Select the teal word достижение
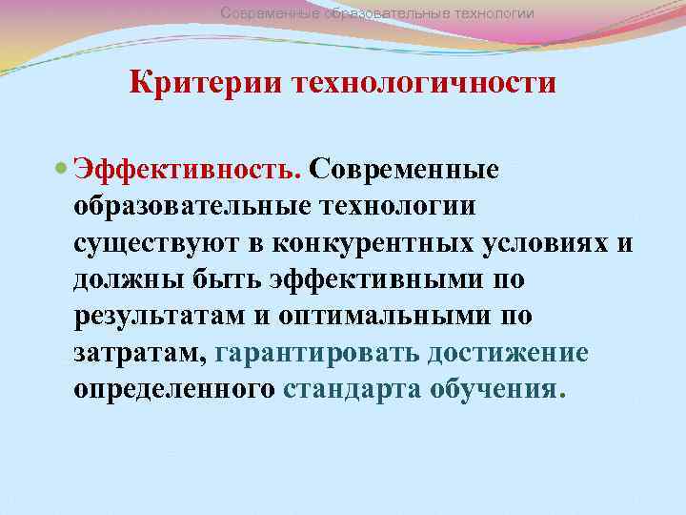(508, 354)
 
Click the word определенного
(174, 390)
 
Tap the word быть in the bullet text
(222, 279)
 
